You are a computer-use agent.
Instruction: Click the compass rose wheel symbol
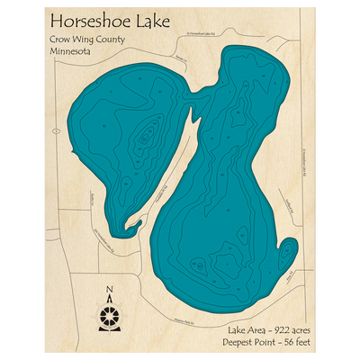[110, 316]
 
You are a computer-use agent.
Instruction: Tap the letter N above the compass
[110, 290]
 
